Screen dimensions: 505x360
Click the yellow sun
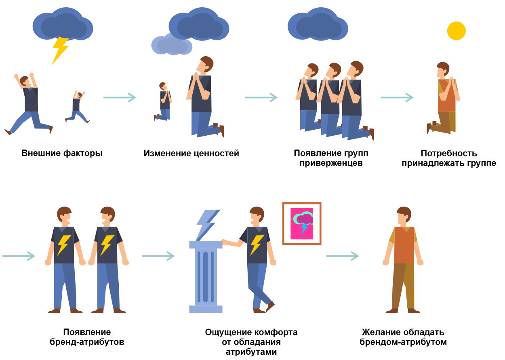tap(456, 31)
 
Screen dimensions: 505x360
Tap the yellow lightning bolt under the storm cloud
tap(60, 51)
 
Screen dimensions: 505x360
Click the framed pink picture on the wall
tap(302, 223)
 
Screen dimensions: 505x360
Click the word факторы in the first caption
tap(83, 153)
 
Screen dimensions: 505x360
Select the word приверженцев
tap(331, 163)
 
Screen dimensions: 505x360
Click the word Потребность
tap(449, 154)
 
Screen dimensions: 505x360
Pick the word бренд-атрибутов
tap(87, 342)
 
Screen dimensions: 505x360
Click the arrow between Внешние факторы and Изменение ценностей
tap(120, 97)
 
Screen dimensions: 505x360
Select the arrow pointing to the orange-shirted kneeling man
tap(397, 97)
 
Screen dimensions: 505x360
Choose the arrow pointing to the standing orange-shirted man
tap(343, 256)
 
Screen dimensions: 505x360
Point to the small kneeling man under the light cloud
tap(163, 101)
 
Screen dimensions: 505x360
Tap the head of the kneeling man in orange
tap(442, 69)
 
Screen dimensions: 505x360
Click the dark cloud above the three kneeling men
tap(318, 24)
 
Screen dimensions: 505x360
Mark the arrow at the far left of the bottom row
tap(19, 256)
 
